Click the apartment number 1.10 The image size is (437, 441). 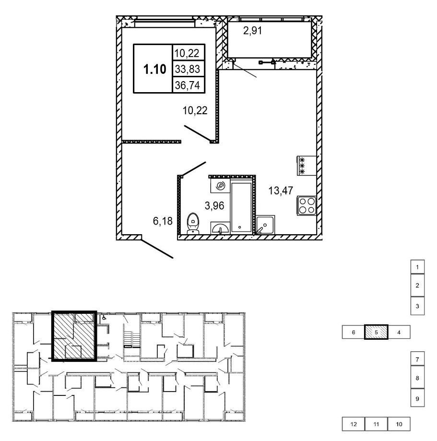pyautogui.click(x=154, y=69)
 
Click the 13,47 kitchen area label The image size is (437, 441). pyautogui.click(x=281, y=191)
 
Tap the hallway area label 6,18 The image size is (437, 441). pyautogui.click(x=163, y=221)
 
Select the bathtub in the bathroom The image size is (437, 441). pyautogui.click(x=241, y=206)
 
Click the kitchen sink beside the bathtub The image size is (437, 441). pyautogui.click(x=264, y=224)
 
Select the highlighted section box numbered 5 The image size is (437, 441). pyautogui.click(x=377, y=332)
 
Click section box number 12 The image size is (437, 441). pyautogui.click(x=354, y=424)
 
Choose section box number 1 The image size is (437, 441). pyautogui.click(x=417, y=266)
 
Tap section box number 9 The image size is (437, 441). pyautogui.click(x=417, y=398)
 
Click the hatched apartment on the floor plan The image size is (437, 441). pyautogui.click(x=73, y=336)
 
